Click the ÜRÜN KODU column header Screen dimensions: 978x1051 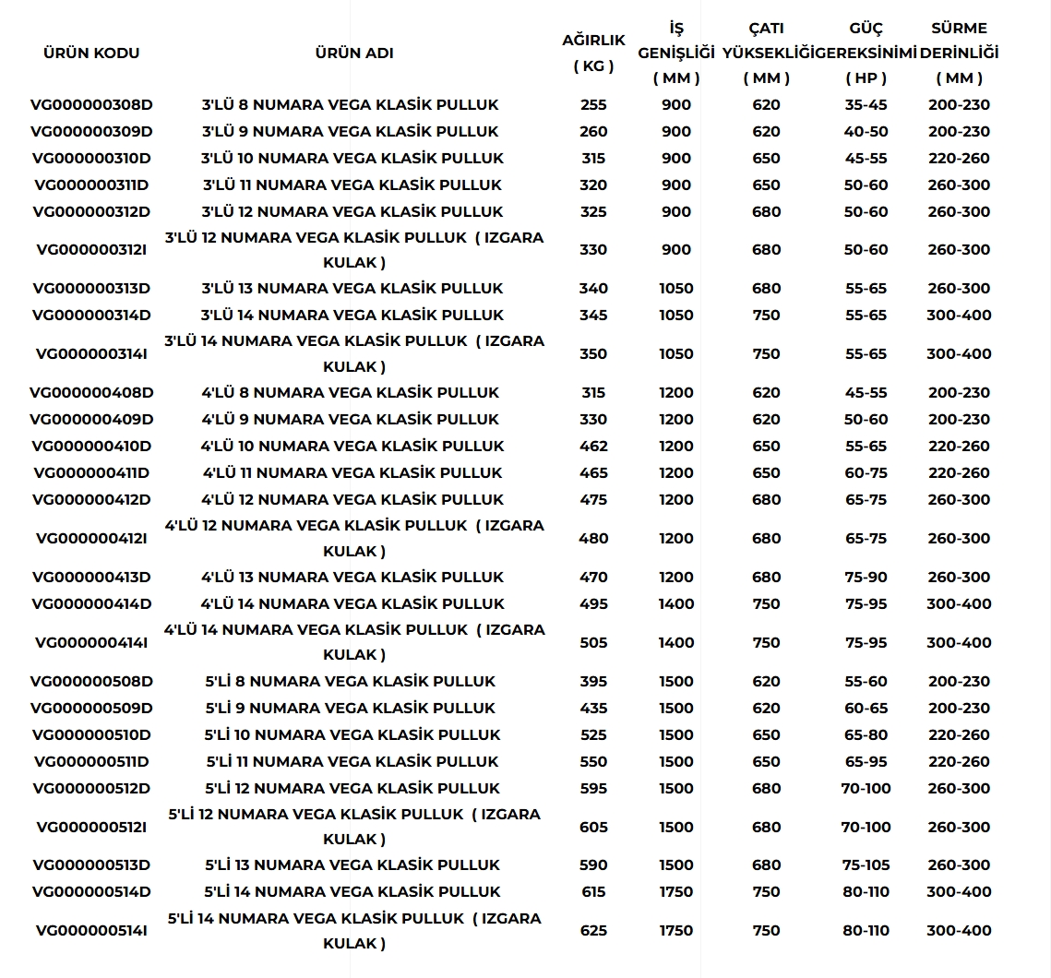pyautogui.click(x=91, y=53)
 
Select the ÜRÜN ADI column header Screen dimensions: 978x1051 pyautogui.click(x=354, y=53)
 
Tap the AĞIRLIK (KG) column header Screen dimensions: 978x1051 pyautogui.click(x=593, y=53)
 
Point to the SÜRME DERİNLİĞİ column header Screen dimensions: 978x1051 pyautogui.click(x=959, y=53)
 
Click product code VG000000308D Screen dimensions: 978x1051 pyautogui.click(x=91, y=105)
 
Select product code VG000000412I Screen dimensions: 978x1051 pyautogui.click(x=91, y=538)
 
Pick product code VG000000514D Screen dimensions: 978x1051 pyautogui.click(x=91, y=891)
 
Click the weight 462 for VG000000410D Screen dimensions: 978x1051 pyautogui.click(x=593, y=446)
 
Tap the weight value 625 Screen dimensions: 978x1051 pyautogui.click(x=593, y=930)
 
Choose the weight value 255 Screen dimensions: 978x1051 pyautogui.click(x=593, y=105)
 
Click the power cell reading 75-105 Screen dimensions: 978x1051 pyautogui.click(x=866, y=865)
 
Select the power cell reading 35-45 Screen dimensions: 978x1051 pyautogui.click(x=866, y=105)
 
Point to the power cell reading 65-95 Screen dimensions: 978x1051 pyautogui.click(x=866, y=761)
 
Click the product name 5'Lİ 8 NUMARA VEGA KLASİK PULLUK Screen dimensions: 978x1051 pyautogui.click(x=350, y=681)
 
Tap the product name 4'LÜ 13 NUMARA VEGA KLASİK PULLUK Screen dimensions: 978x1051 pyautogui.click(x=352, y=577)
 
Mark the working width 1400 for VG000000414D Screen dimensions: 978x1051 pyautogui.click(x=676, y=603)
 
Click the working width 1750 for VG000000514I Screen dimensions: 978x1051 pyautogui.click(x=676, y=930)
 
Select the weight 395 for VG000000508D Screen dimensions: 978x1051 pyautogui.click(x=593, y=681)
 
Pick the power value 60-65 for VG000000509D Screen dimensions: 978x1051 pyautogui.click(x=866, y=708)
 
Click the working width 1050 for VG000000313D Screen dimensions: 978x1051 pyautogui.click(x=676, y=288)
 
